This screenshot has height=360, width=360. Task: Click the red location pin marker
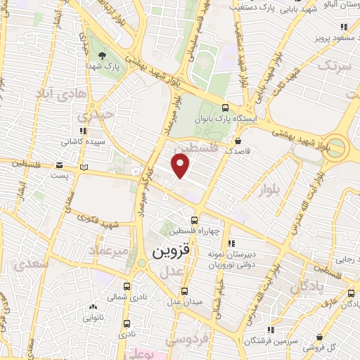181,166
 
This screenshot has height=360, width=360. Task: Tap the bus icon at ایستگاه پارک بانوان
225,108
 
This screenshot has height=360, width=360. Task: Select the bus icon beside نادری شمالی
127,287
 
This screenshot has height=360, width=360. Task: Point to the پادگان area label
309,286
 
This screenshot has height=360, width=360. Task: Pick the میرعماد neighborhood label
108,250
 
